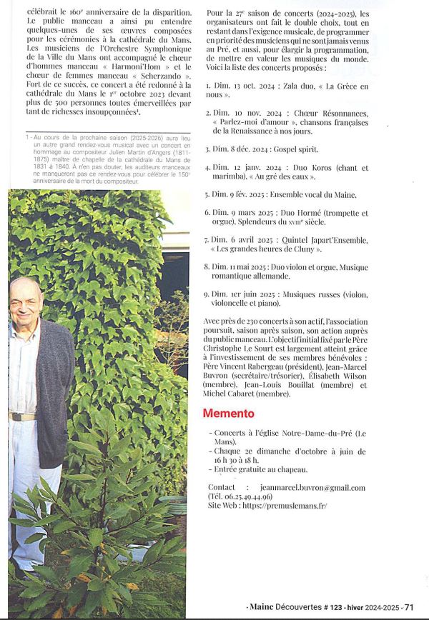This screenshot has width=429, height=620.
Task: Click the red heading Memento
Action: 228,414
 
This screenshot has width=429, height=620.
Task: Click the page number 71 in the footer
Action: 409,607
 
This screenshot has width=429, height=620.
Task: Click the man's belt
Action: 23,416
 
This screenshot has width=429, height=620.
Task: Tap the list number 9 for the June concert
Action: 206,294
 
